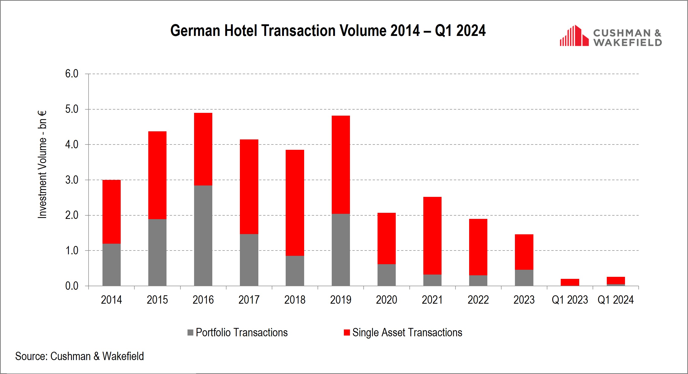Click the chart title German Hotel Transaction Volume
328,30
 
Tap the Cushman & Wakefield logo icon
574,36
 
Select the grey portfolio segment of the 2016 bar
203,236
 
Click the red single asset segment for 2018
295,203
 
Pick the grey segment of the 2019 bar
341,250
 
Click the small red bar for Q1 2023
570,282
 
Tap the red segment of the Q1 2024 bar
616,280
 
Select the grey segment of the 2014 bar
111,264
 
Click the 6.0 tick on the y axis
72,74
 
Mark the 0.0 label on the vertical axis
72,286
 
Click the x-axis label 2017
249,300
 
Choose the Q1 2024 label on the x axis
615,300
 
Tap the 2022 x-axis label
478,300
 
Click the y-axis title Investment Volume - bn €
42,164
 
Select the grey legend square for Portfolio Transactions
190,333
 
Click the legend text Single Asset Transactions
407,333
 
